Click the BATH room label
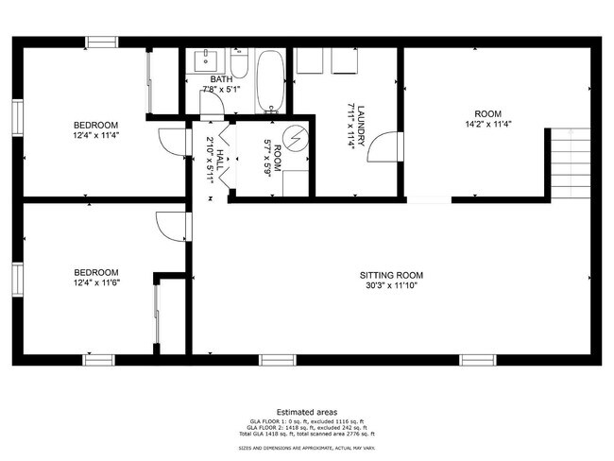pos(220,78)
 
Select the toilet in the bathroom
pos(239,66)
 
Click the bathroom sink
pos(204,60)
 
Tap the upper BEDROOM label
pos(96,126)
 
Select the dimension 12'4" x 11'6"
pos(96,282)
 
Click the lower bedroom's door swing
pos(170,228)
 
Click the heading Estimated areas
pos(307,412)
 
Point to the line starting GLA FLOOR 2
pos(306,427)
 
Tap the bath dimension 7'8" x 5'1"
pos(220,90)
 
